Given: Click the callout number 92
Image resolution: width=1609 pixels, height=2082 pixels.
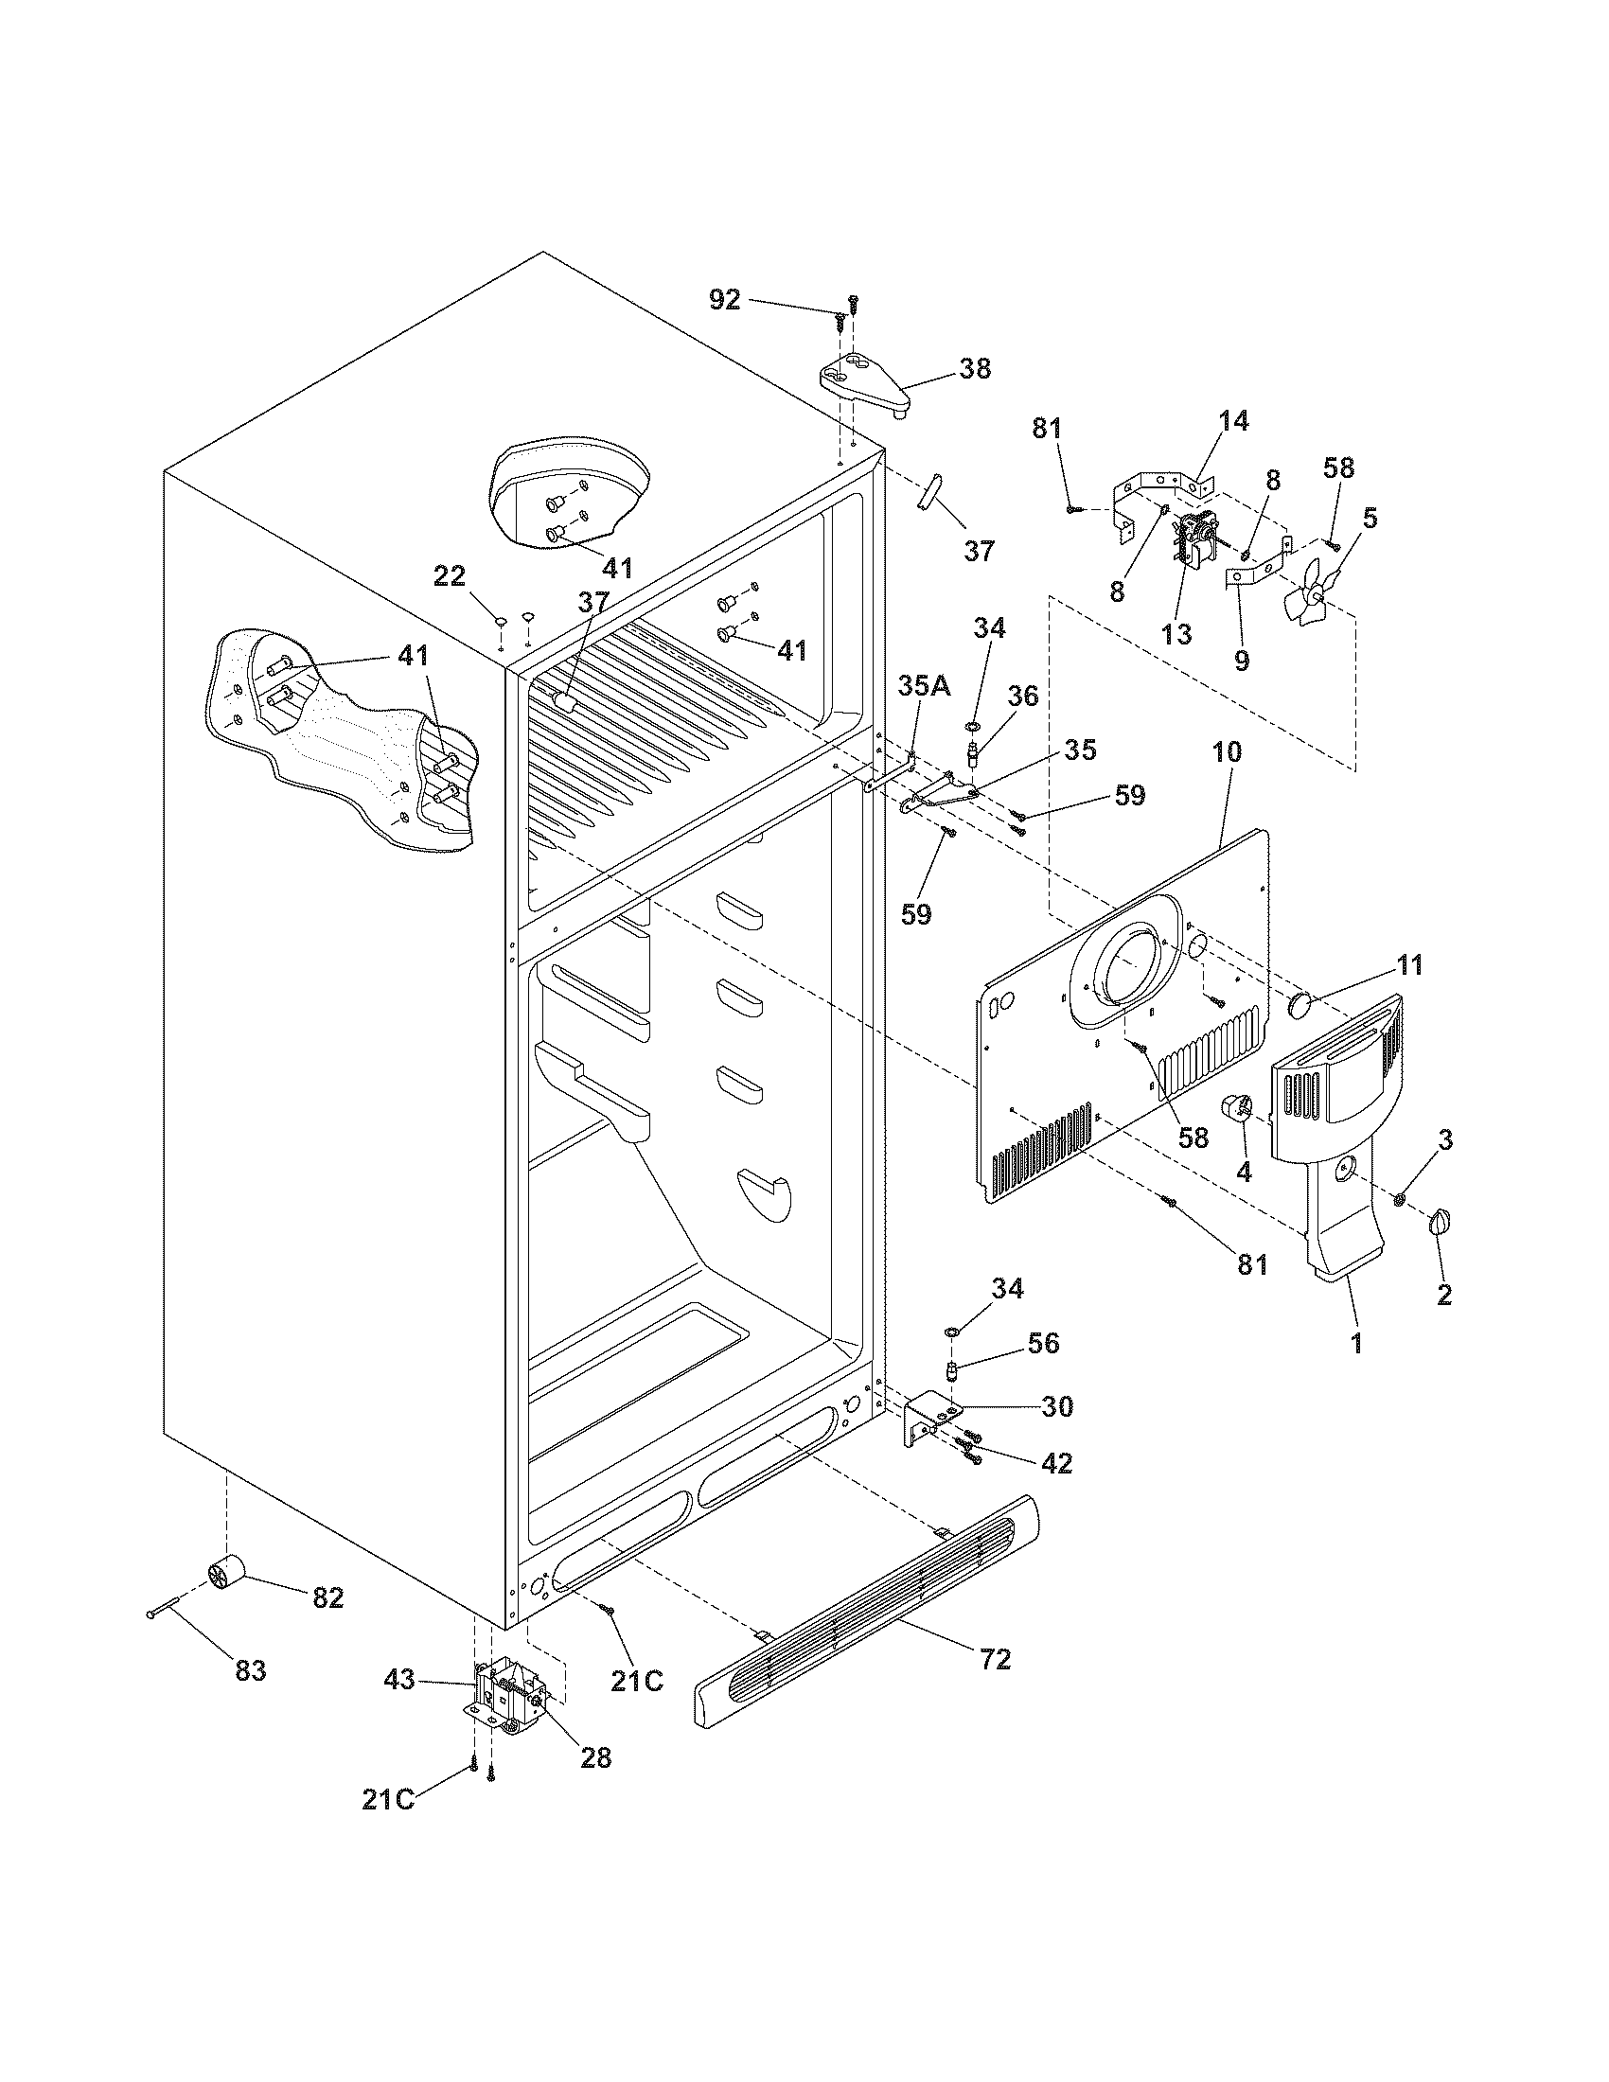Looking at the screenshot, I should (x=724, y=299).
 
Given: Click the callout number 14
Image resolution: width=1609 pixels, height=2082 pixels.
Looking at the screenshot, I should (x=1233, y=420).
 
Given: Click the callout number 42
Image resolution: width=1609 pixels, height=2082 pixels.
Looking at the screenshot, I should (x=1056, y=1462).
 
